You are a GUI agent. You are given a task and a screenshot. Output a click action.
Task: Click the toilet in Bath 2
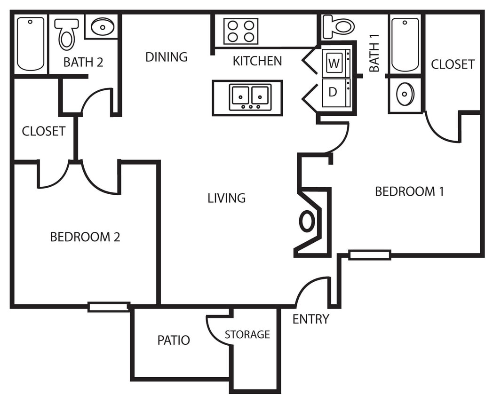(x=66, y=34)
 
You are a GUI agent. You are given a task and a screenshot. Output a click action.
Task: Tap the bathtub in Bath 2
(x=31, y=44)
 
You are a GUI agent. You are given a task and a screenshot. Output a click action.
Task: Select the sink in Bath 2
(x=102, y=26)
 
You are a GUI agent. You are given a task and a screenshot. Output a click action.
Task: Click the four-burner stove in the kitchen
(x=240, y=31)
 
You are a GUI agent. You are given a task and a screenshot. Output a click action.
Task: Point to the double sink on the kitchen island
(x=250, y=97)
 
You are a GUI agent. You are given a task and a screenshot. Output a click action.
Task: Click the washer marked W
(x=335, y=64)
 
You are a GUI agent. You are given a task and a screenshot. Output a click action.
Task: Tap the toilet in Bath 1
(x=339, y=26)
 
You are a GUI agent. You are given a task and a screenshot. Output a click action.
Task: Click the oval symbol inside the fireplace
(x=307, y=221)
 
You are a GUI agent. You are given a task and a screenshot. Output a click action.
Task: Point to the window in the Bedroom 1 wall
(x=369, y=255)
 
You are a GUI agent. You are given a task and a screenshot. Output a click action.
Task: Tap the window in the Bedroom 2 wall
(x=109, y=307)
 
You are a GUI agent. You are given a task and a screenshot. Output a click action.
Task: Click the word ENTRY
(x=310, y=319)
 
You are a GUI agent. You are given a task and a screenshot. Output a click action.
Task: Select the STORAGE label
(x=247, y=334)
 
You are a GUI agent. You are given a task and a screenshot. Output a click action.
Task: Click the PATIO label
(x=174, y=340)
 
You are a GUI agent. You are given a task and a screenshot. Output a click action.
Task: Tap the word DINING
(x=166, y=57)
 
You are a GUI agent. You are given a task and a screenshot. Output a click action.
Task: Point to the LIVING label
(x=226, y=198)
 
